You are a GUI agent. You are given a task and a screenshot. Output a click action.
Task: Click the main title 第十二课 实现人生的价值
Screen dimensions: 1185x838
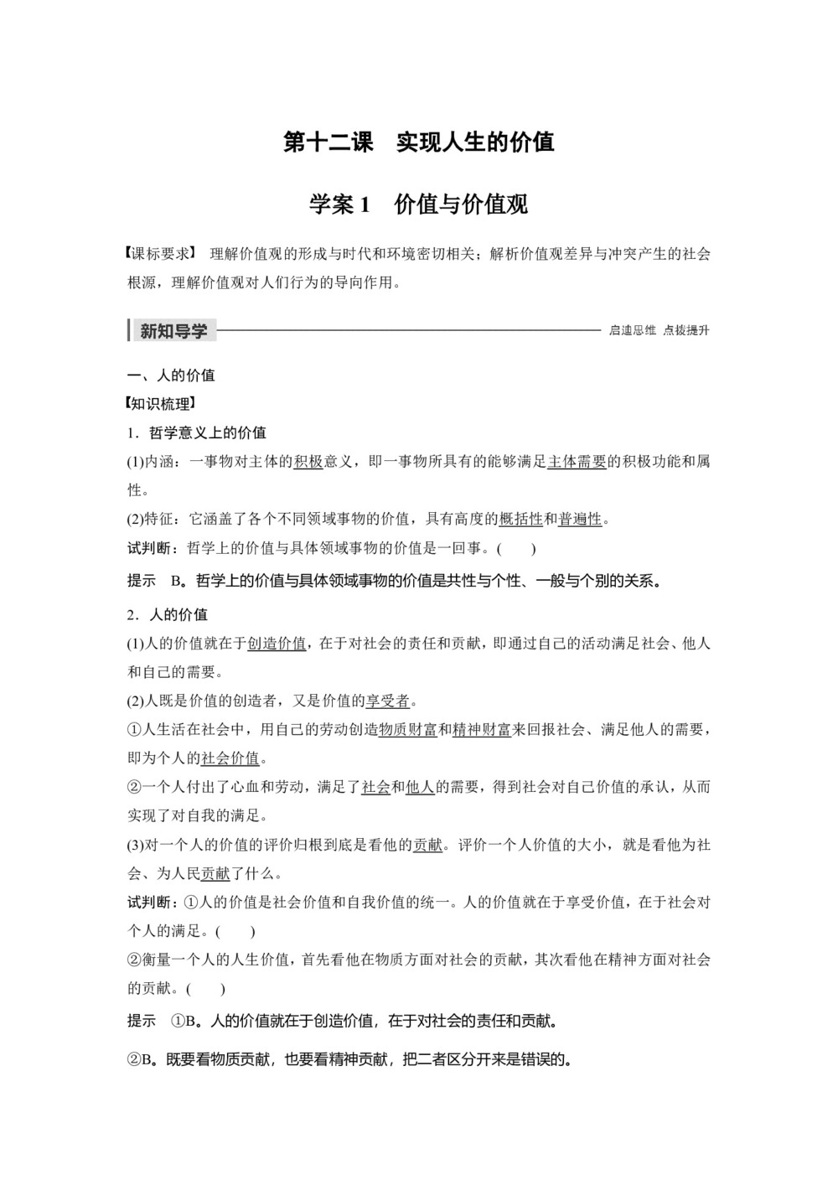tap(419, 142)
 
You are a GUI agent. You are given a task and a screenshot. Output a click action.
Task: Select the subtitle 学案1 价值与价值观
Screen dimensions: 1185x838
tap(419, 204)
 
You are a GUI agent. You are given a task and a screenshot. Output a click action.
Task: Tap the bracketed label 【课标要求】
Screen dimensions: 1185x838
tap(159, 254)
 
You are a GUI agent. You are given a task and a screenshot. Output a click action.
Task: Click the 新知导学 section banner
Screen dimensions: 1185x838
tap(173, 331)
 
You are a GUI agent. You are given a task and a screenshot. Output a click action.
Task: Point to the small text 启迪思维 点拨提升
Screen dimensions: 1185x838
tap(659, 331)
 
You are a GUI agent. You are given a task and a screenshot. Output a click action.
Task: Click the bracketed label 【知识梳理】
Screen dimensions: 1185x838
tap(159, 404)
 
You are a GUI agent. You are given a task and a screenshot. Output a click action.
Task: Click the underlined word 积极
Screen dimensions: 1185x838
tap(308, 462)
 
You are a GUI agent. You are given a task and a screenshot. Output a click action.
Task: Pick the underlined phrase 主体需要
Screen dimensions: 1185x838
tap(577, 462)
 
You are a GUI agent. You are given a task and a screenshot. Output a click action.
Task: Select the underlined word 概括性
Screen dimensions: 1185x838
tap(520, 520)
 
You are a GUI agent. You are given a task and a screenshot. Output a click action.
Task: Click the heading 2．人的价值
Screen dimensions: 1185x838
tap(168, 614)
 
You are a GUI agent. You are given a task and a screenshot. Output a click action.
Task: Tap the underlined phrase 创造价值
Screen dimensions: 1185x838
tap(277, 644)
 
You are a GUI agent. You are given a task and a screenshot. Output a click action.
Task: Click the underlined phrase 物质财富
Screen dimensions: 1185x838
tap(408, 730)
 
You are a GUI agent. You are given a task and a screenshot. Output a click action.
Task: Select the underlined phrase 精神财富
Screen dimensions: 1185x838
tap(482, 730)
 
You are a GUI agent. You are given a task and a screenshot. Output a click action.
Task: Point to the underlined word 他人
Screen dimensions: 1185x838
tap(420, 787)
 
